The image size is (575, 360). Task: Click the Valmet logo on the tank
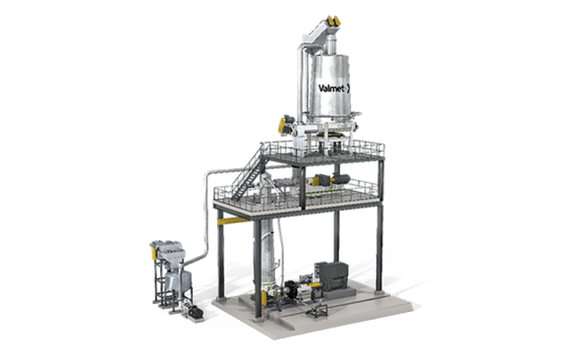pos(333,88)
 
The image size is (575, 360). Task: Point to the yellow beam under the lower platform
pos(233,221)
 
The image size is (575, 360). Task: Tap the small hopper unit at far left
pos(166,266)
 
